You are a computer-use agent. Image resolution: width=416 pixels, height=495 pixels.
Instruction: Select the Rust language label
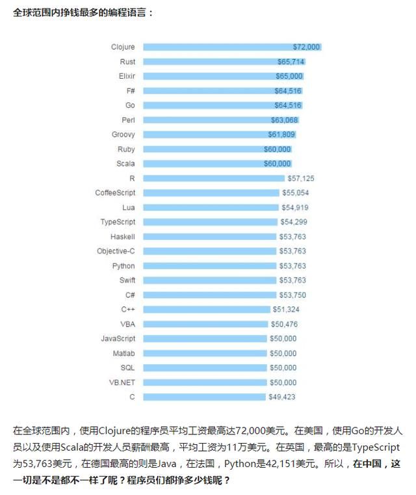pyautogui.click(x=127, y=62)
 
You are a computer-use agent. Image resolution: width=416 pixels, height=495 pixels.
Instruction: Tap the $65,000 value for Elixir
pyautogui.click(x=289, y=76)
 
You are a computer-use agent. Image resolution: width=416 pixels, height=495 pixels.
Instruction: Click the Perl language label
pyautogui.click(x=128, y=120)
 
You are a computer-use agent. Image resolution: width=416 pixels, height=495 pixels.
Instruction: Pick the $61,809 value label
pyautogui.click(x=281, y=135)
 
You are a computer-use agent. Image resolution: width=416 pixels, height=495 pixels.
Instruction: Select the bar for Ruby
pyautogui.click(x=205, y=149)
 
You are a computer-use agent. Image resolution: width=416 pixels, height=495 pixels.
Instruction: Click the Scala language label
pyautogui.click(x=125, y=163)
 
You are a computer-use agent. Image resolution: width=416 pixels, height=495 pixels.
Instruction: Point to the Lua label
pyautogui.click(x=129, y=207)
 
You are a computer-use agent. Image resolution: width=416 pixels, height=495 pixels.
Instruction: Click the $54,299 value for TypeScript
pyautogui.click(x=294, y=222)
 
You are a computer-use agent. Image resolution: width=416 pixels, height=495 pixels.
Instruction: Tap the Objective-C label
pyautogui.click(x=116, y=251)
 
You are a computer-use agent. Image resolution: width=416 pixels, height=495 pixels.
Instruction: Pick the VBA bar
pyautogui.click(x=205, y=324)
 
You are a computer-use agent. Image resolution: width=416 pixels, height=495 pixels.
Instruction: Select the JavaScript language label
pyautogui.click(x=118, y=338)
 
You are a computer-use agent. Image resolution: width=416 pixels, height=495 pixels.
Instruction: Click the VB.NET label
pyautogui.click(x=122, y=382)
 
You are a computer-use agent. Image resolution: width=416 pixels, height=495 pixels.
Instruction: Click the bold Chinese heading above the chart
pyautogui.click(x=83, y=12)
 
